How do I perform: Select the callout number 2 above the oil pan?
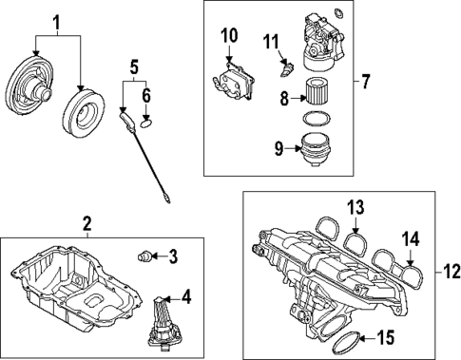[x=86, y=224]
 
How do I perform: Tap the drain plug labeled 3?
[x=145, y=254]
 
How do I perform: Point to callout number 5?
[x=134, y=66]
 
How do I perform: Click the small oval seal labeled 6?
[x=145, y=121]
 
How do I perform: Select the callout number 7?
[x=365, y=80]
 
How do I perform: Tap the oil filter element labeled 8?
[x=314, y=97]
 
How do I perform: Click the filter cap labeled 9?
[x=314, y=150]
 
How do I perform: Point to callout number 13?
[x=355, y=207]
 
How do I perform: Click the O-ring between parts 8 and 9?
[x=314, y=120]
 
